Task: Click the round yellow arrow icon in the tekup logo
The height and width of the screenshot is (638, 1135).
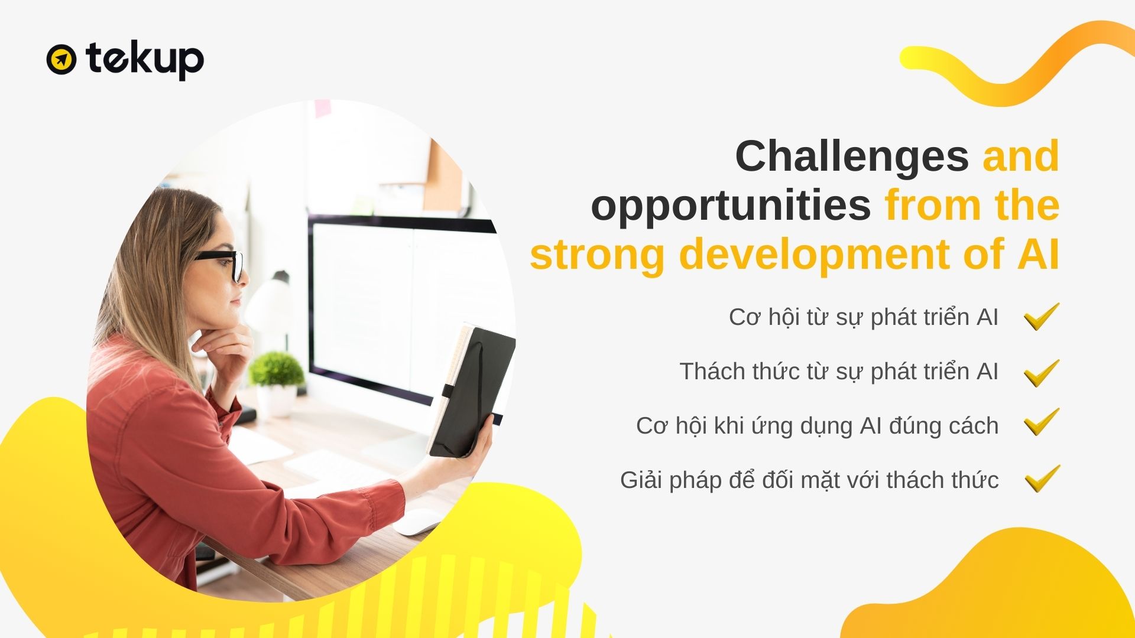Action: tap(61, 59)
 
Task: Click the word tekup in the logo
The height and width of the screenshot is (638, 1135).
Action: tap(145, 60)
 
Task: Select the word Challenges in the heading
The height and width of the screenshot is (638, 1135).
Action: tap(852, 157)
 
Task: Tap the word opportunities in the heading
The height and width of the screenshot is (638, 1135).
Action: tap(731, 206)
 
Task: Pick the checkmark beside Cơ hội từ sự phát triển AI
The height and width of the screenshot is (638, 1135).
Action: tap(1042, 317)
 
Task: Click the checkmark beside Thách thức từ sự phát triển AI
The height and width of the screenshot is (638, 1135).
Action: tap(1042, 373)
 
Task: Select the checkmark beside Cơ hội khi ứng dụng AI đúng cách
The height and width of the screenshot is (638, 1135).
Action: tap(1042, 422)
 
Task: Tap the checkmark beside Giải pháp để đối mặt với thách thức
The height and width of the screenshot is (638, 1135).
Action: tap(1042, 479)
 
